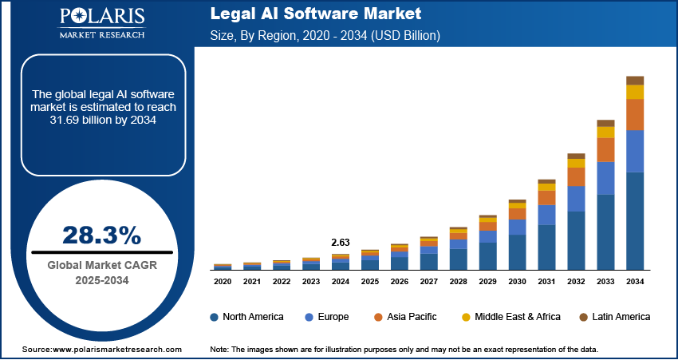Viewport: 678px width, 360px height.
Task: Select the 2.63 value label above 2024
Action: click(341, 242)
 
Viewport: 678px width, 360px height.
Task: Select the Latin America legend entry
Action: click(613, 317)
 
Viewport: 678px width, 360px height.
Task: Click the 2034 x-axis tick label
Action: click(635, 282)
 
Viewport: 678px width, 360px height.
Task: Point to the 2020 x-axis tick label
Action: click(223, 282)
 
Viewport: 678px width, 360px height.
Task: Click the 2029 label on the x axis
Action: click(487, 282)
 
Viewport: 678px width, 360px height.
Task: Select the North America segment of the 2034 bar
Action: click(635, 221)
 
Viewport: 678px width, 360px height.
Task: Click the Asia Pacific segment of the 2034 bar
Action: click(635, 115)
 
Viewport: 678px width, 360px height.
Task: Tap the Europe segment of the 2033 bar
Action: click(606, 178)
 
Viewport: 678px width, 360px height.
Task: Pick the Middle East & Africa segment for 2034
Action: click(635, 92)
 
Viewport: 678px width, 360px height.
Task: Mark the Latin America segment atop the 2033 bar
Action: click(606, 123)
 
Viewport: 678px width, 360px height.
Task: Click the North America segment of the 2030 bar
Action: click(518, 252)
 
